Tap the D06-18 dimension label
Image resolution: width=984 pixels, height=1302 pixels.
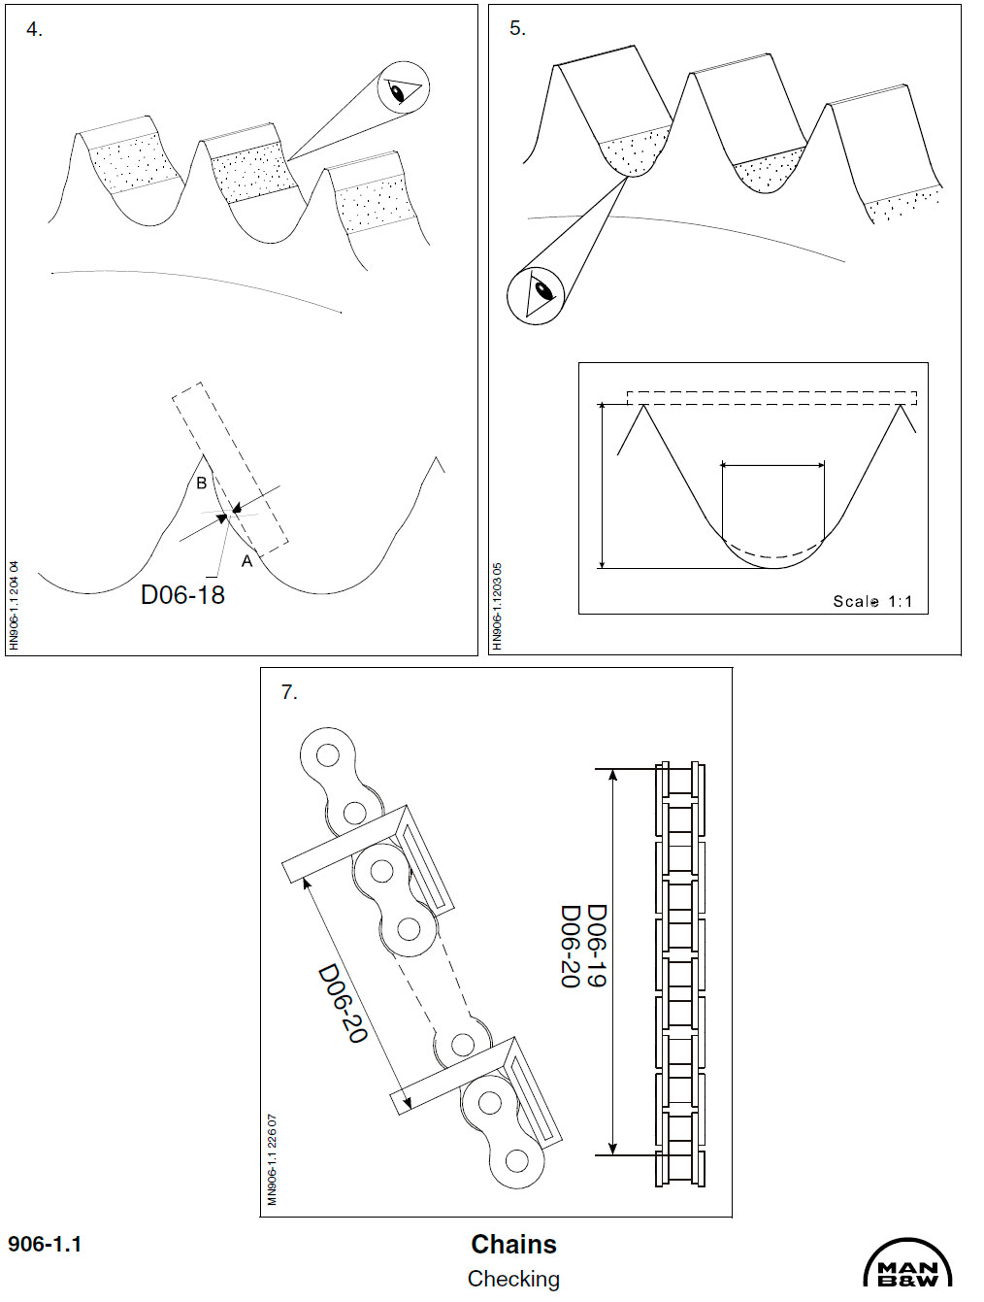pyautogui.click(x=182, y=594)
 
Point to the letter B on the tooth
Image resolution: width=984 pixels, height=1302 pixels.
pyautogui.click(x=202, y=483)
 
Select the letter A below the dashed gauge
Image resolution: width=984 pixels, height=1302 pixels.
pyautogui.click(x=247, y=560)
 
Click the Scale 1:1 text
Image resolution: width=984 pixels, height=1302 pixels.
pyautogui.click(x=872, y=601)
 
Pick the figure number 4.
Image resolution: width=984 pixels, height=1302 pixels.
pyautogui.click(x=34, y=29)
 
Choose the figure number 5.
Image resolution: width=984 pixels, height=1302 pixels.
pyautogui.click(x=517, y=28)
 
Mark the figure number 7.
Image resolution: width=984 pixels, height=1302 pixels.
pyautogui.click(x=289, y=692)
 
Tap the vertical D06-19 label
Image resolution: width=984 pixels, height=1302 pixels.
pyautogui.click(x=597, y=946)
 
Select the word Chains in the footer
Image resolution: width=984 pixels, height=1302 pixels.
pyautogui.click(x=514, y=1245)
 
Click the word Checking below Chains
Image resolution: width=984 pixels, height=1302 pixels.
pyautogui.click(x=513, y=1279)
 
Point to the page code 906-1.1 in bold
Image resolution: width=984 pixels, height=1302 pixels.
pyautogui.click(x=45, y=1244)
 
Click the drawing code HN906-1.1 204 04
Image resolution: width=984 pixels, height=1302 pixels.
pyautogui.click(x=15, y=605)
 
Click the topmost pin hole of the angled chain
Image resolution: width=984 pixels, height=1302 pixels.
pyautogui.click(x=328, y=755)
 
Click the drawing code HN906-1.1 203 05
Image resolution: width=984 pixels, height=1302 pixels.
pyautogui.click(x=497, y=606)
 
